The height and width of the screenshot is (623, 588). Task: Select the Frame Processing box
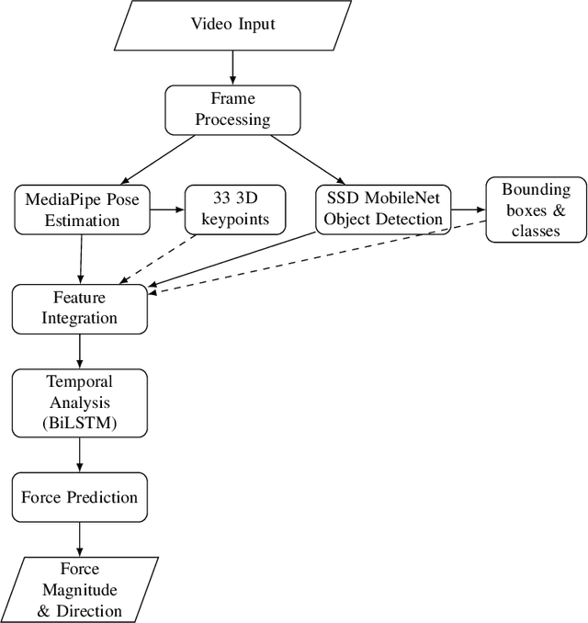click(x=232, y=110)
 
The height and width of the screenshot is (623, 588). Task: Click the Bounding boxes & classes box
click(x=536, y=210)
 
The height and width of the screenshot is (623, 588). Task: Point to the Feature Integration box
click(x=79, y=308)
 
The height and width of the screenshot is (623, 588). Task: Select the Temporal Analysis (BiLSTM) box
click(x=79, y=402)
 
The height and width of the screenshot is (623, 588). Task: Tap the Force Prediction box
click(x=79, y=497)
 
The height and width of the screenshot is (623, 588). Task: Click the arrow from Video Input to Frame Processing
click(x=232, y=66)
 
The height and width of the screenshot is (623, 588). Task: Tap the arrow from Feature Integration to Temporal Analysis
click(x=80, y=350)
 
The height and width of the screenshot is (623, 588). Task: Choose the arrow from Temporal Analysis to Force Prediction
click(x=80, y=455)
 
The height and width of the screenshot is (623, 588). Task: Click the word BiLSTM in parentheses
click(x=79, y=422)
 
